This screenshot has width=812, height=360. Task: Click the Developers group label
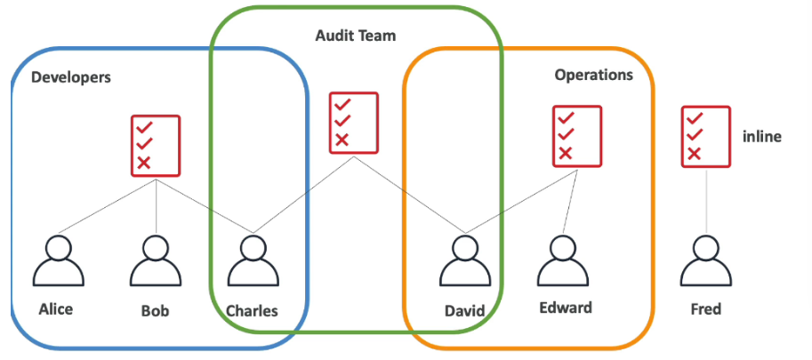tap(71, 77)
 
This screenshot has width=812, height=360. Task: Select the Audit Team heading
tap(356, 36)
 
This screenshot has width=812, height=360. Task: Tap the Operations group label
tap(594, 75)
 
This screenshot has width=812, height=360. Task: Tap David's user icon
tap(465, 260)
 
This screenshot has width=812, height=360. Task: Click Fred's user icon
tap(706, 260)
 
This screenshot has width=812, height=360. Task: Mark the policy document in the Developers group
tap(156, 144)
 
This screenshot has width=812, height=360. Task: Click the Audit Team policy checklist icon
tap(353, 122)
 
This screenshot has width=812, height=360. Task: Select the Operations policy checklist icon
tap(577, 136)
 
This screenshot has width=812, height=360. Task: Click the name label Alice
tap(56, 309)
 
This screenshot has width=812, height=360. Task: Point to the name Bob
tap(155, 311)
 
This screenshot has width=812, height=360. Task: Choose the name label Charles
tap(252, 311)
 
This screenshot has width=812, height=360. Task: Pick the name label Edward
tap(565, 308)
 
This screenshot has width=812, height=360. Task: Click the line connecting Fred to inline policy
tap(706, 200)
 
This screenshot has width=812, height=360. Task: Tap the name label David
tap(465, 311)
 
